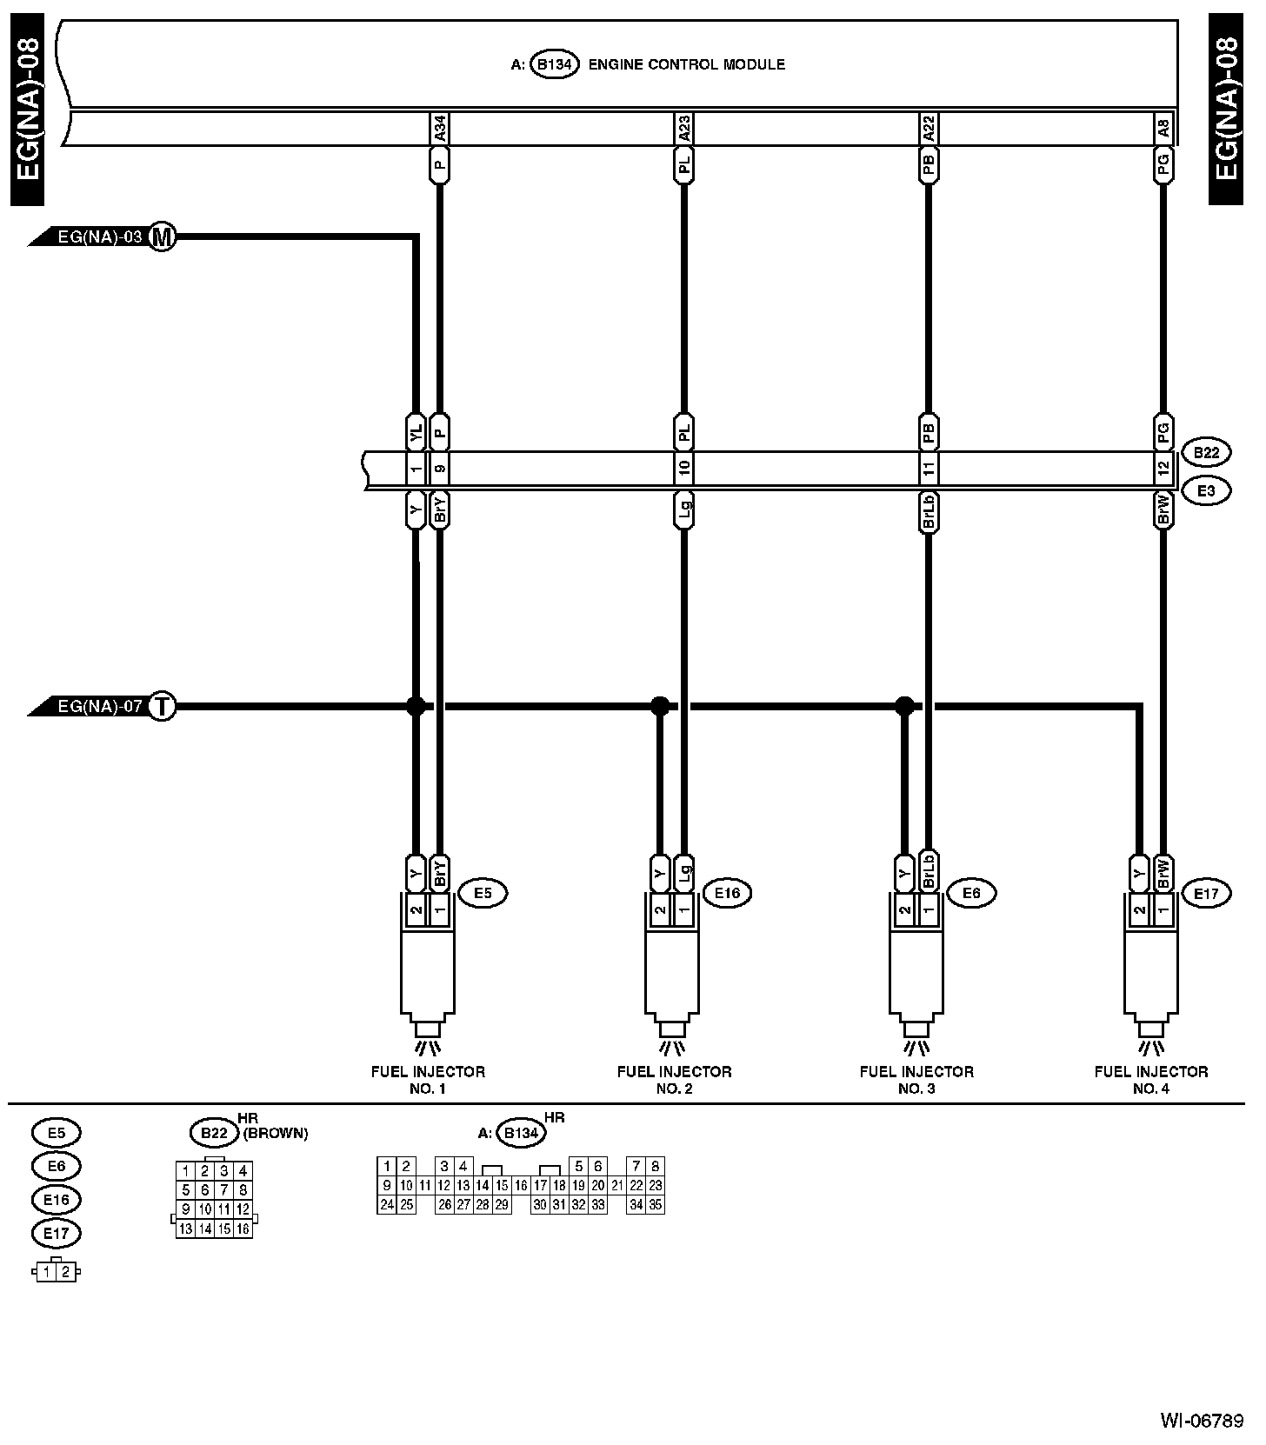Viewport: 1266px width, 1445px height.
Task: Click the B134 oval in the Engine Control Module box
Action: [x=555, y=65]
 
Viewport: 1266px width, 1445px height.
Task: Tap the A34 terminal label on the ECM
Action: [x=440, y=130]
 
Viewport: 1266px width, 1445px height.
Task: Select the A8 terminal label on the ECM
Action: [x=1163, y=130]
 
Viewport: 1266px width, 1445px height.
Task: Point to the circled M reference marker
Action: [x=162, y=236]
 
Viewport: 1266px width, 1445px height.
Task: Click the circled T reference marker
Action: [x=162, y=707]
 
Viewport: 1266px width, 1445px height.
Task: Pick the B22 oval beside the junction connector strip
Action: [x=1206, y=453]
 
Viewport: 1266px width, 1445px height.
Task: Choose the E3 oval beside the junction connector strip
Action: [x=1206, y=491]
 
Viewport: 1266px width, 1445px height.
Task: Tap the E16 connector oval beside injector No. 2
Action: [x=727, y=893]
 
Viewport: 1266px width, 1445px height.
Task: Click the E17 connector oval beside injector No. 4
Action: [x=1206, y=893]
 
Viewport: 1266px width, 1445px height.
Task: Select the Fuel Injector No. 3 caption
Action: [x=916, y=1080]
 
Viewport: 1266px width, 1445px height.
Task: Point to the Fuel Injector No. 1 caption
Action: [x=428, y=1080]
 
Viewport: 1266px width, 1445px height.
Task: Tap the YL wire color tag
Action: [x=416, y=431]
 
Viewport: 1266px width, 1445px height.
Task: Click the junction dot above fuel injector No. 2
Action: [x=660, y=705]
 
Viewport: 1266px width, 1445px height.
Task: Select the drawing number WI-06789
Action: [x=1202, y=1421]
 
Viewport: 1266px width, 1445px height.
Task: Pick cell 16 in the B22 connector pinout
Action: [x=243, y=1229]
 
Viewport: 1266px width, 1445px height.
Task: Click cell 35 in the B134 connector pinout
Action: [x=656, y=1205]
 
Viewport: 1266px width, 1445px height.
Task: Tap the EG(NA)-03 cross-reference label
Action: [x=98, y=236]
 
